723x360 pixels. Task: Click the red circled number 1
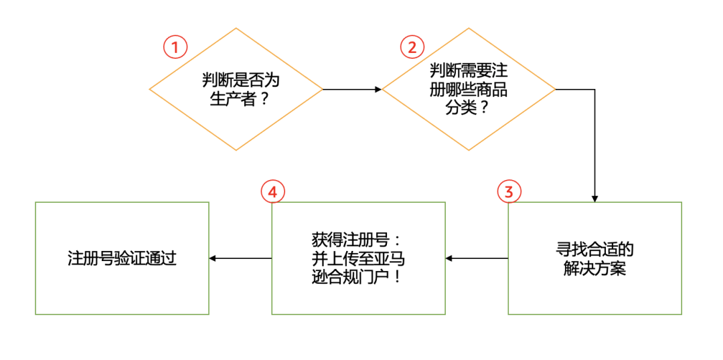[175, 47]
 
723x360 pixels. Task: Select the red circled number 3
[509, 192]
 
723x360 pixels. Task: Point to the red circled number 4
[272, 192]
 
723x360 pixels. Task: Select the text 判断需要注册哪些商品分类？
[468, 89]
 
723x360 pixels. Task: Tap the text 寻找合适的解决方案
[594, 258]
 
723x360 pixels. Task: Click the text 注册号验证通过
[122, 258]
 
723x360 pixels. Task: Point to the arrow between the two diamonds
[352, 89]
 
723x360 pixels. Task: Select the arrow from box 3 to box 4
[477, 258]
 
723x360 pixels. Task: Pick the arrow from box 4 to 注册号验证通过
[240, 258]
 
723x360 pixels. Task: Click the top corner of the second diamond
[469, 28]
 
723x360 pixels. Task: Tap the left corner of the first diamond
[150, 89]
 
